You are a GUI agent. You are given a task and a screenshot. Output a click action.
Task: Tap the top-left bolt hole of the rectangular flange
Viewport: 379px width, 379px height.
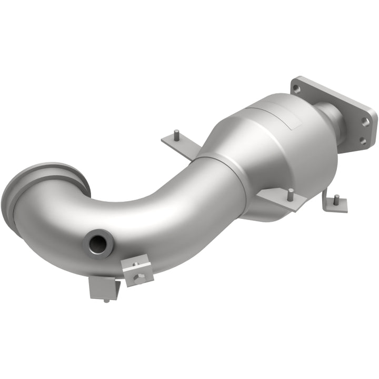[297, 88]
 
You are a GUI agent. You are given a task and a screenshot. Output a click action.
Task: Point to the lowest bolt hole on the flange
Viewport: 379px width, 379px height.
[362, 141]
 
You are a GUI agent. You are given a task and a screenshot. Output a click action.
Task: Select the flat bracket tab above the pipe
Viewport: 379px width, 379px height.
[177, 141]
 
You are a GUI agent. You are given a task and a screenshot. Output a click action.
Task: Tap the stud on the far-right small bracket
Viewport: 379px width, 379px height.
[336, 199]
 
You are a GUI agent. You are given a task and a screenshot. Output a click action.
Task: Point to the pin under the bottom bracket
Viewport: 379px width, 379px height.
[107, 301]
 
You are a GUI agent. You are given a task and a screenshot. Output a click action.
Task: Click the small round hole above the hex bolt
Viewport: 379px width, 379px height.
[135, 264]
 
